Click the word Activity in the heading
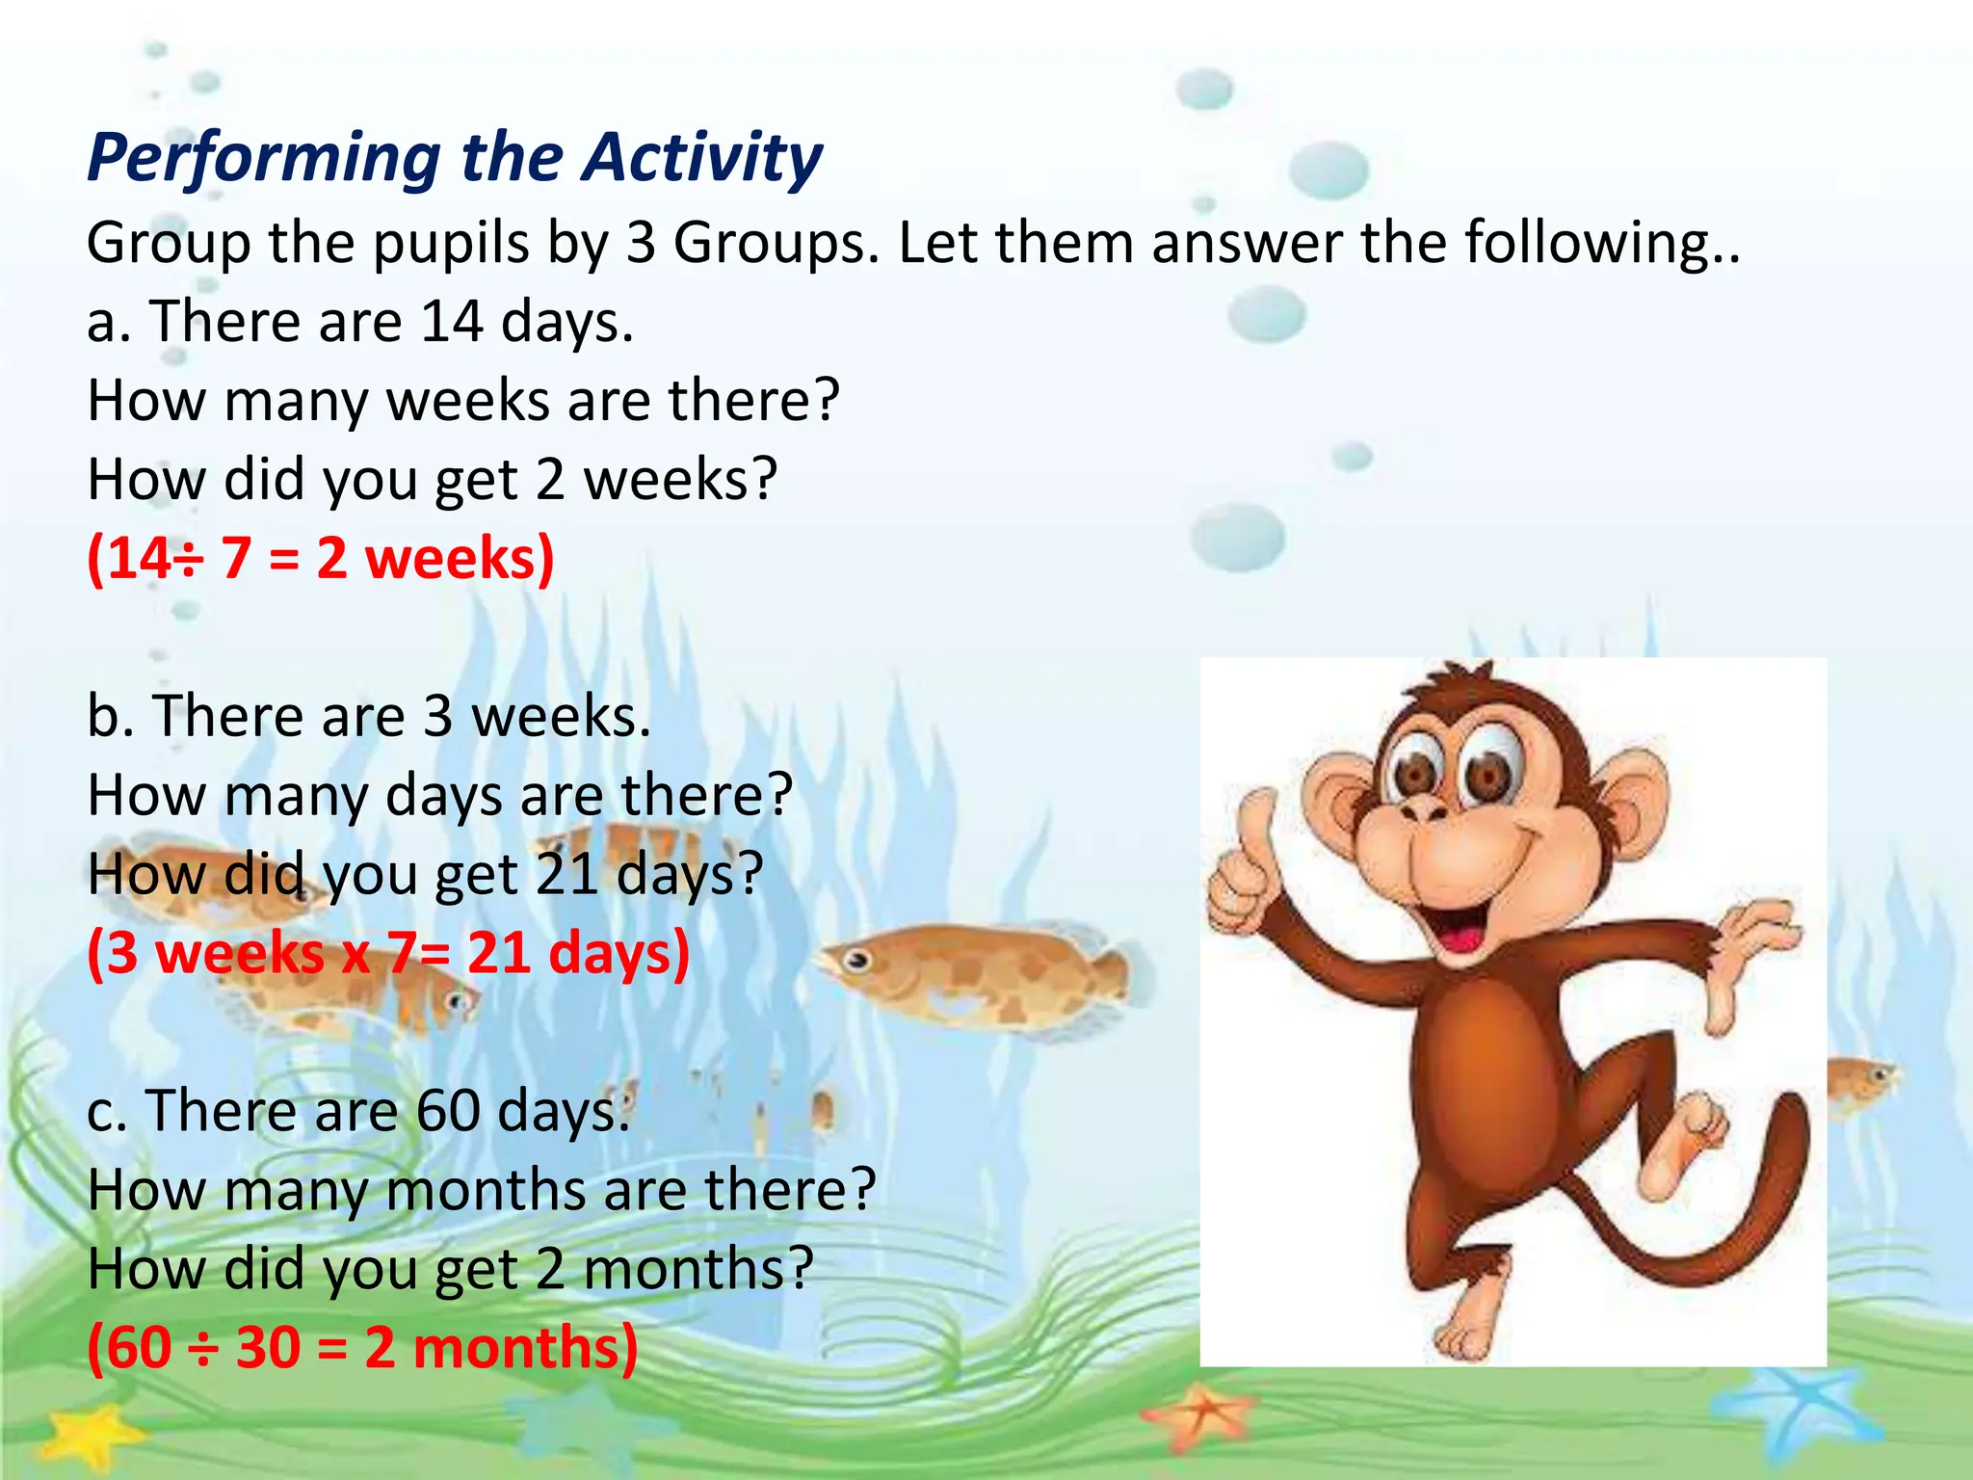click(701, 158)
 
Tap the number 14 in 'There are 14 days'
click(452, 322)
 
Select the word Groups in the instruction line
click(776, 243)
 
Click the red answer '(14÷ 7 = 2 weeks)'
click(321, 559)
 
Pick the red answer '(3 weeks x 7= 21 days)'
click(388, 954)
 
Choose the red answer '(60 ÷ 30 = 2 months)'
click(362, 1348)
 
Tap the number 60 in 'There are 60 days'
click(448, 1111)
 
